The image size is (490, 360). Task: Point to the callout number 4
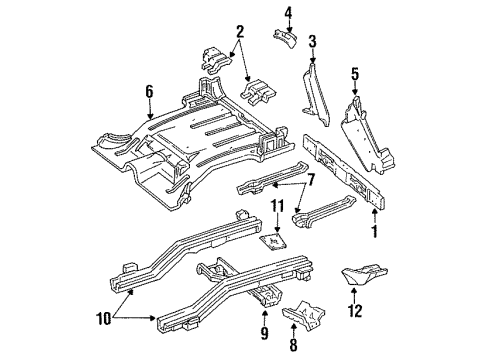pos(286,13)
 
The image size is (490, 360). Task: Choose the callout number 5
pos(355,73)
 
